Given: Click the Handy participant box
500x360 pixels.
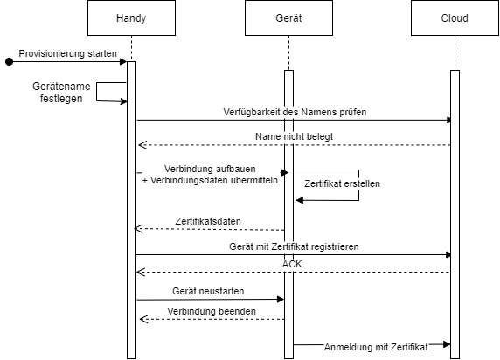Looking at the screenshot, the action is pyautogui.click(x=131, y=17).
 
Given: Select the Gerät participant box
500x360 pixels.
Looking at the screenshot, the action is pyautogui.click(x=288, y=17).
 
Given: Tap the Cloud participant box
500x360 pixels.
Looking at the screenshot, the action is pyautogui.click(x=455, y=17).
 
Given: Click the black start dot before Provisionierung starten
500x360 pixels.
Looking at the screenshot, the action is pyautogui.click(x=10, y=61).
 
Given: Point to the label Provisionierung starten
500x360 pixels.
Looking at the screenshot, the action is pyautogui.click(x=67, y=53).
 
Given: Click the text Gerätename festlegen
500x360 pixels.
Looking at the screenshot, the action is pyautogui.click(x=61, y=92).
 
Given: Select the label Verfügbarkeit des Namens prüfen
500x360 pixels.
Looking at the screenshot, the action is pyautogui.click(x=295, y=112).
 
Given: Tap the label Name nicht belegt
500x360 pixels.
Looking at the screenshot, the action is pyautogui.click(x=294, y=136).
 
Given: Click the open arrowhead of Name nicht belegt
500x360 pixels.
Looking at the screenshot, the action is pyautogui.click(x=142, y=145).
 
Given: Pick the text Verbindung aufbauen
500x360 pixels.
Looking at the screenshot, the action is pyautogui.click(x=210, y=169).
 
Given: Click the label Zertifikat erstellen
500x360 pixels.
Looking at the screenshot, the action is pyautogui.click(x=342, y=183).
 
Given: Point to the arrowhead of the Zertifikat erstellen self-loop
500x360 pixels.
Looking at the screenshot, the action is pyautogui.click(x=300, y=200).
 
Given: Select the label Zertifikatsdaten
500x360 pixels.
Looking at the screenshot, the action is pyautogui.click(x=208, y=221).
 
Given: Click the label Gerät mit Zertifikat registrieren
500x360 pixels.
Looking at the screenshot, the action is pyautogui.click(x=294, y=246).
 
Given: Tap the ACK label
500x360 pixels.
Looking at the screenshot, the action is pyautogui.click(x=292, y=264).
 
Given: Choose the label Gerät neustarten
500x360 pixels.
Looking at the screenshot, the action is pyautogui.click(x=208, y=291).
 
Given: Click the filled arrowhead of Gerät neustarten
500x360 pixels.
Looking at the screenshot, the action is pyautogui.click(x=281, y=299).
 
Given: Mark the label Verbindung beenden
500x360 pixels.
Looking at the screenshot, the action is pyautogui.click(x=212, y=311).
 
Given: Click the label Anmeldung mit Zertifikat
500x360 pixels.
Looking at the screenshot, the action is pyautogui.click(x=376, y=347).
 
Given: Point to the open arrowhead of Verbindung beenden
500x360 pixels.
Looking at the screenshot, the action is pyautogui.click(x=144, y=319).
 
